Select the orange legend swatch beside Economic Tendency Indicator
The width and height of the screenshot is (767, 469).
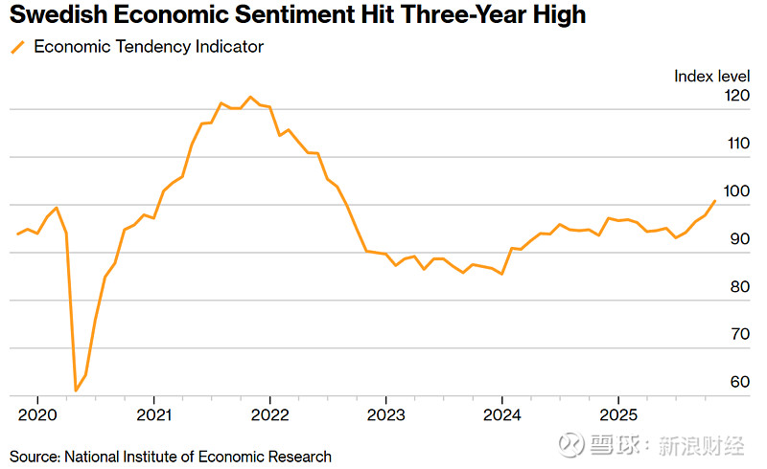[x=16, y=47]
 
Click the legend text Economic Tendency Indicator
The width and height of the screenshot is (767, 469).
[x=149, y=47]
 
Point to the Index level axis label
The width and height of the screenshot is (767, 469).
[x=711, y=76]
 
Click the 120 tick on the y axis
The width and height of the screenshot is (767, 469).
[x=737, y=96]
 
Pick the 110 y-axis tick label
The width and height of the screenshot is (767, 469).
[x=737, y=144]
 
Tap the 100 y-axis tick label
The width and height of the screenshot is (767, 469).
[x=737, y=191]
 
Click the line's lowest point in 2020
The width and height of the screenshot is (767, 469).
[x=76, y=391]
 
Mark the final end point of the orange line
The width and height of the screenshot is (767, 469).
[x=715, y=201]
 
